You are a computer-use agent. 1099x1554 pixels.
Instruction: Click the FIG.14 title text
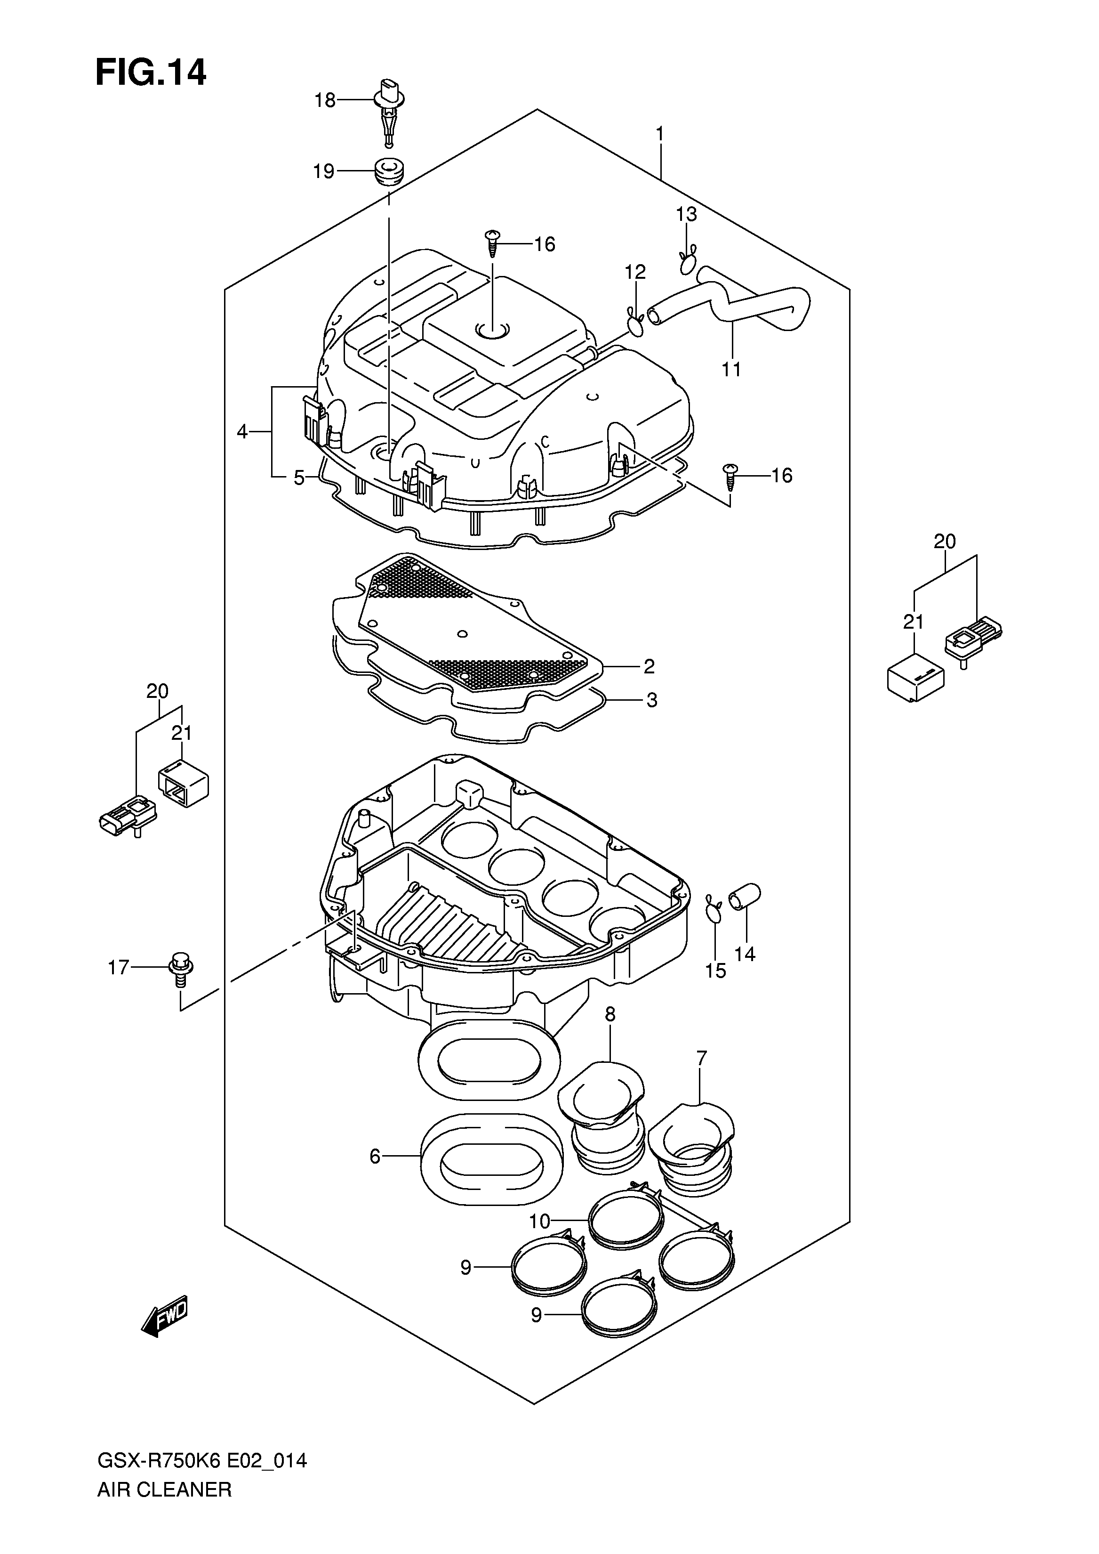[150, 73]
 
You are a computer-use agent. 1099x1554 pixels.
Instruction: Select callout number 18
[325, 100]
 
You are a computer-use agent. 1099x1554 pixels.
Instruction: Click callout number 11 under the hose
[731, 370]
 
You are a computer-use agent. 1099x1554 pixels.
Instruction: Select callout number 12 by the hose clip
[635, 272]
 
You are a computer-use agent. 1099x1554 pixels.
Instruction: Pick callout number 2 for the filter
[649, 666]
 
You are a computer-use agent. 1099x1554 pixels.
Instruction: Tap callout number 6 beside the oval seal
[375, 1157]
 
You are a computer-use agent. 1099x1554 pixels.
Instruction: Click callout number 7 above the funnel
[701, 1058]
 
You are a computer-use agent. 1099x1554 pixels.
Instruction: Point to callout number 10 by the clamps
[540, 1222]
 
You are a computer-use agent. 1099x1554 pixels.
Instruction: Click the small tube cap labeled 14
[745, 898]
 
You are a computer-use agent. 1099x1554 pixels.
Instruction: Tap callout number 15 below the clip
[715, 971]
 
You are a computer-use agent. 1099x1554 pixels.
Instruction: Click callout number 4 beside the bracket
[243, 431]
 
